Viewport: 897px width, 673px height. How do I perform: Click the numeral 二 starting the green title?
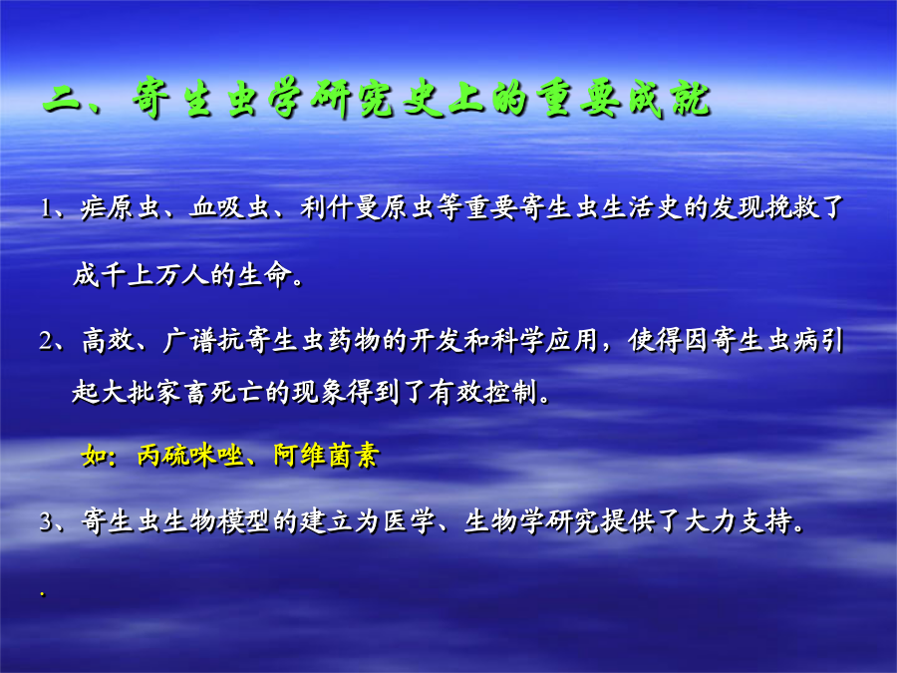[x=63, y=100]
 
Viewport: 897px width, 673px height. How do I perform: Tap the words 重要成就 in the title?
[x=624, y=99]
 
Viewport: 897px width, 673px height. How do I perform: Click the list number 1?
[x=47, y=208]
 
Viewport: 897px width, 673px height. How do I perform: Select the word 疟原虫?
[x=120, y=207]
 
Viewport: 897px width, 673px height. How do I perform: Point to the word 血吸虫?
[x=230, y=207]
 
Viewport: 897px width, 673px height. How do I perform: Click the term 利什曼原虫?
[x=368, y=207]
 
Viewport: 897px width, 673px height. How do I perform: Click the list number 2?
[x=47, y=342]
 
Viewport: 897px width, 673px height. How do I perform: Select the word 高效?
[x=108, y=341]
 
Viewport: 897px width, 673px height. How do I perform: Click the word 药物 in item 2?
[x=355, y=341]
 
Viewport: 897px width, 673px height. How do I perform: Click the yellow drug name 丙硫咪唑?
[x=190, y=456]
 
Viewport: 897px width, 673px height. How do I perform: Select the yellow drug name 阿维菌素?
[x=326, y=456]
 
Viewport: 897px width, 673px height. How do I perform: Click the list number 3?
[x=47, y=522]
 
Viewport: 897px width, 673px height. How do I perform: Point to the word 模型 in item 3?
[x=242, y=521]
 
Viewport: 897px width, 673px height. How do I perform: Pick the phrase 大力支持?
[x=739, y=521]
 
